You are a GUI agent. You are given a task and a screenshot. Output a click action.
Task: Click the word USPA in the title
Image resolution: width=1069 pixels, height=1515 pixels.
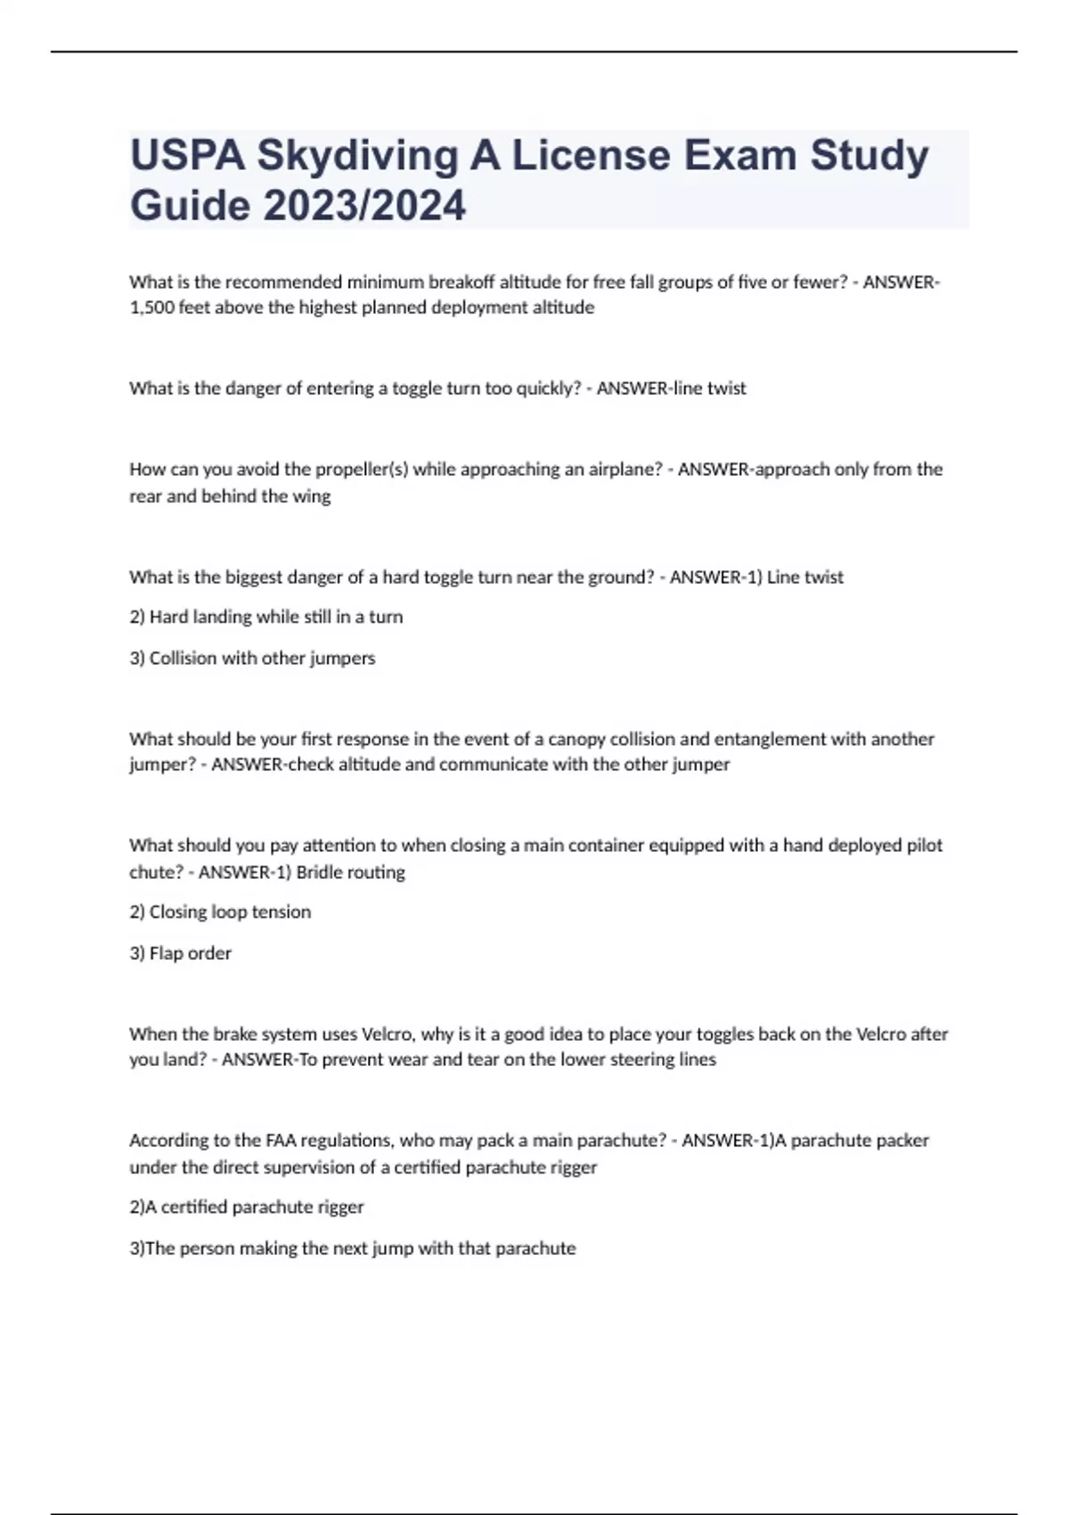coord(187,155)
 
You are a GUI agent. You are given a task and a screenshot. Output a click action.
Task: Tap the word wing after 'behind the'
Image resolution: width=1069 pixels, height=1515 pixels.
coord(311,496)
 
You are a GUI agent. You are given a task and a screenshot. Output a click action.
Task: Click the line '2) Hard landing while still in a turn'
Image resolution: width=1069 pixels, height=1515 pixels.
coord(265,617)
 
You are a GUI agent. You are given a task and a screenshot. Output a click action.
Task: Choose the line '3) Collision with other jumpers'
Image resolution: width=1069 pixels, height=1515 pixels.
coord(252,659)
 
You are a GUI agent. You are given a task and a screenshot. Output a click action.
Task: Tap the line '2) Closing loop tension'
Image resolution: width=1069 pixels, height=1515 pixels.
coord(220,912)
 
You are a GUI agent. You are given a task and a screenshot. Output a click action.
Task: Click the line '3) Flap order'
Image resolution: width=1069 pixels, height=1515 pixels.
coord(180,954)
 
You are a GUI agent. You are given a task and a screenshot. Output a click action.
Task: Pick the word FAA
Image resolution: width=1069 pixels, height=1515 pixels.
coord(281,1141)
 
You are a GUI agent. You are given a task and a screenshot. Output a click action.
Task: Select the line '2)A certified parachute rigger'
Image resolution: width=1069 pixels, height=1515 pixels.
coord(246,1207)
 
